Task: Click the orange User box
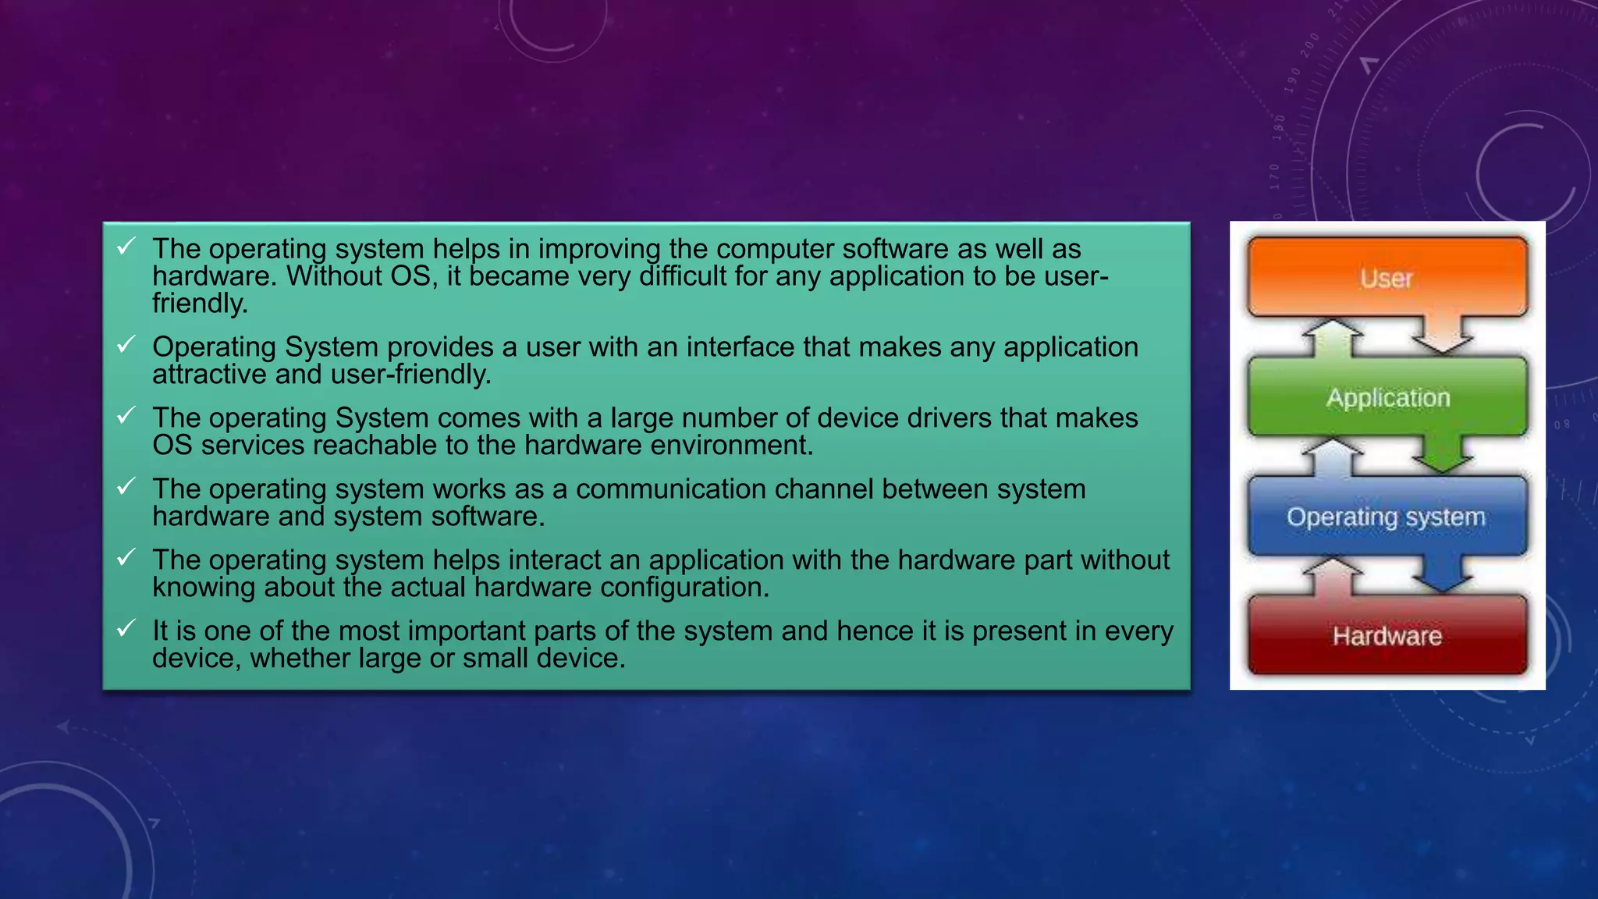[x=1387, y=278]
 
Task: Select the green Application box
[x=1387, y=397]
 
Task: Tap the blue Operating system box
[x=1387, y=517]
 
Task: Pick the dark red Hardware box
[x=1387, y=636]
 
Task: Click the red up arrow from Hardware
[x=1333, y=575]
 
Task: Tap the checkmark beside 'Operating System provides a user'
[x=126, y=344]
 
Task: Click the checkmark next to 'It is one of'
[x=126, y=628]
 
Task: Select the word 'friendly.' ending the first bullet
[x=200, y=304]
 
